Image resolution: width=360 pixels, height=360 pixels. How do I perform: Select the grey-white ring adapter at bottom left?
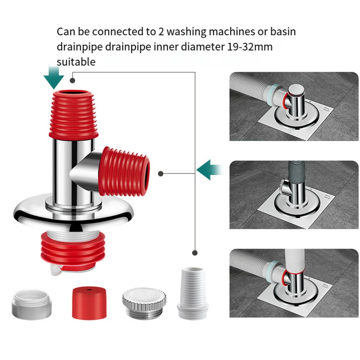tap(32, 305)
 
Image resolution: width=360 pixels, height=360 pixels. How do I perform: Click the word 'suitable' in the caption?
tap(76, 61)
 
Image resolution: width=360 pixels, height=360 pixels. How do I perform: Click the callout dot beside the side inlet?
tap(160, 174)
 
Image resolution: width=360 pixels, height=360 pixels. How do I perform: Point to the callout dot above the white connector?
tap(195, 252)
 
